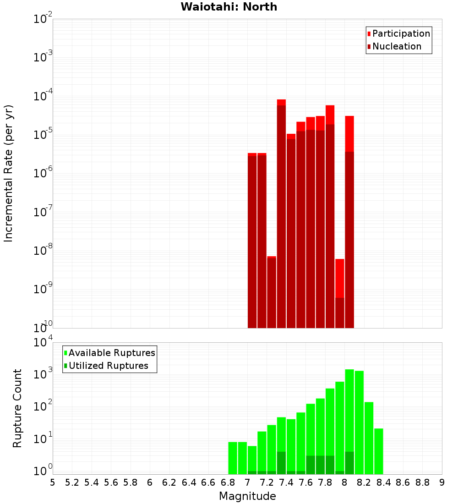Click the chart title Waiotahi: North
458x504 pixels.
229,7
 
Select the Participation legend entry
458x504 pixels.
401,33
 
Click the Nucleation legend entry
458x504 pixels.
396,46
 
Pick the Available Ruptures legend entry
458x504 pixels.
111,353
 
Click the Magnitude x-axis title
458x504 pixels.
247,496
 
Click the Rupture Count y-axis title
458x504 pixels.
17,408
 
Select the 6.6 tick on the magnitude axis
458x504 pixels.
208,482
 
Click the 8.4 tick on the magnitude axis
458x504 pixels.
383,482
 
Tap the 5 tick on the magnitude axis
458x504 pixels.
53,482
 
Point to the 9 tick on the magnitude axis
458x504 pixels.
442,482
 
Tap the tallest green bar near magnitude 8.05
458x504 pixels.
349,422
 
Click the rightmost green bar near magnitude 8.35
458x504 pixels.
378,451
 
